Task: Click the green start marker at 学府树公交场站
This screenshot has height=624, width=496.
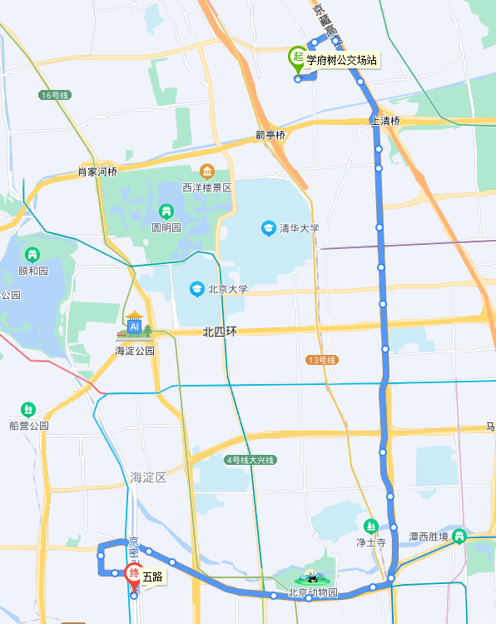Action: point(296,58)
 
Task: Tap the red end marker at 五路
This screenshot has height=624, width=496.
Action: point(133,575)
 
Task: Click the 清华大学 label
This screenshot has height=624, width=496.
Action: point(300,228)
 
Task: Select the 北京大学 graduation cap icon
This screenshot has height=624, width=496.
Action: point(196,289)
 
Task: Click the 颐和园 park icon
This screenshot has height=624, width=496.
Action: point(32,254)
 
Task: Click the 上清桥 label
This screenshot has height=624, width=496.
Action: point(385,121)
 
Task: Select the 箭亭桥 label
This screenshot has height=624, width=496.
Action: point(270,135)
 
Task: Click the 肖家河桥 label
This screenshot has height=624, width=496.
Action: point(97,172)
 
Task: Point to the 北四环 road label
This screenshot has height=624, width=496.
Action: point(220,332)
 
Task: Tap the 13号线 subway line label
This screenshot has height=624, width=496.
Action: point(320,360)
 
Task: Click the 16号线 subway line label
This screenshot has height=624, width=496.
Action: point(54,95)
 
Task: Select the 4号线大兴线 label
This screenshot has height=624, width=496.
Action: point(250,460)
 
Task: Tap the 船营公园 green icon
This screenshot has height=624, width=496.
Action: point(29,409)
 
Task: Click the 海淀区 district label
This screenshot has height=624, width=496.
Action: point(149,477)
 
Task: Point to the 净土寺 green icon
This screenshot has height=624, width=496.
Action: point(371,526)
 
